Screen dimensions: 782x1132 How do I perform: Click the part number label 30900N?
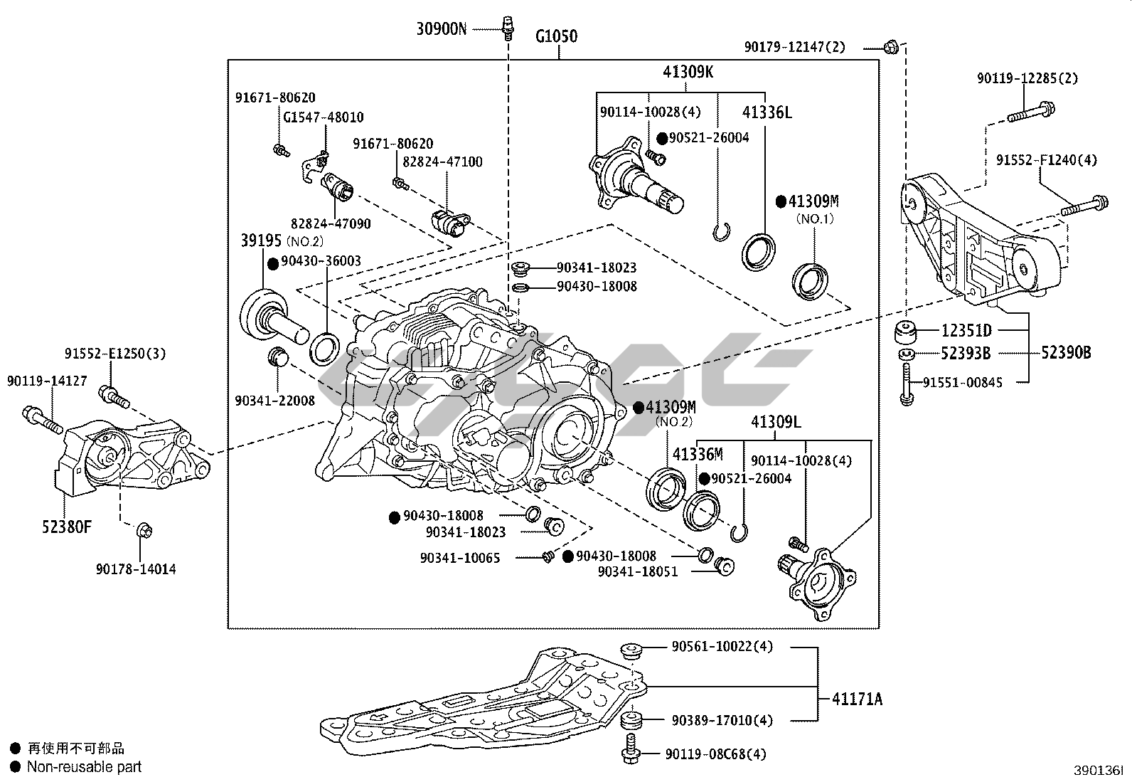point(442,29)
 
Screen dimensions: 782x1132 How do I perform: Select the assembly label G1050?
point(556,36)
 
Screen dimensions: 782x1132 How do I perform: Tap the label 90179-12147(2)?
point(795,47)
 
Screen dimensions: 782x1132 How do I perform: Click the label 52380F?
point(66,527)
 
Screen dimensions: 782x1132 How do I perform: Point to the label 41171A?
point(857,699)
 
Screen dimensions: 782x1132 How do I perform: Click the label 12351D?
point(966,331)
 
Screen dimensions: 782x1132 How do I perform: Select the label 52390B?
point(1066,352)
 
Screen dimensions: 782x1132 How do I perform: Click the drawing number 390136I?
point(1098,771)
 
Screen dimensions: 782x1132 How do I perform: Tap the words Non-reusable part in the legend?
point(84,766)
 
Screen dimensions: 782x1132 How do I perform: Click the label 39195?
point(261,241)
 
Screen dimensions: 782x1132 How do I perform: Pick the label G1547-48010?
point(323,117)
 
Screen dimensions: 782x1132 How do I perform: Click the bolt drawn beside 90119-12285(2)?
point(1030,112)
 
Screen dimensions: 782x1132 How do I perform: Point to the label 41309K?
point(688,72)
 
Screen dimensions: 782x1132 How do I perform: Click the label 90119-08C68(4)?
point(716,754)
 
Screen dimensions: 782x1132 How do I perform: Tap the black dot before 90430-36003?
point(272,263)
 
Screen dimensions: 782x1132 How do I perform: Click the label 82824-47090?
point(330,223)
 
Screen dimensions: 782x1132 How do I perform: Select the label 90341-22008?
point(274,401)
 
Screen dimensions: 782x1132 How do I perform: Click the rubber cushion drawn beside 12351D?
point(905,332)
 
